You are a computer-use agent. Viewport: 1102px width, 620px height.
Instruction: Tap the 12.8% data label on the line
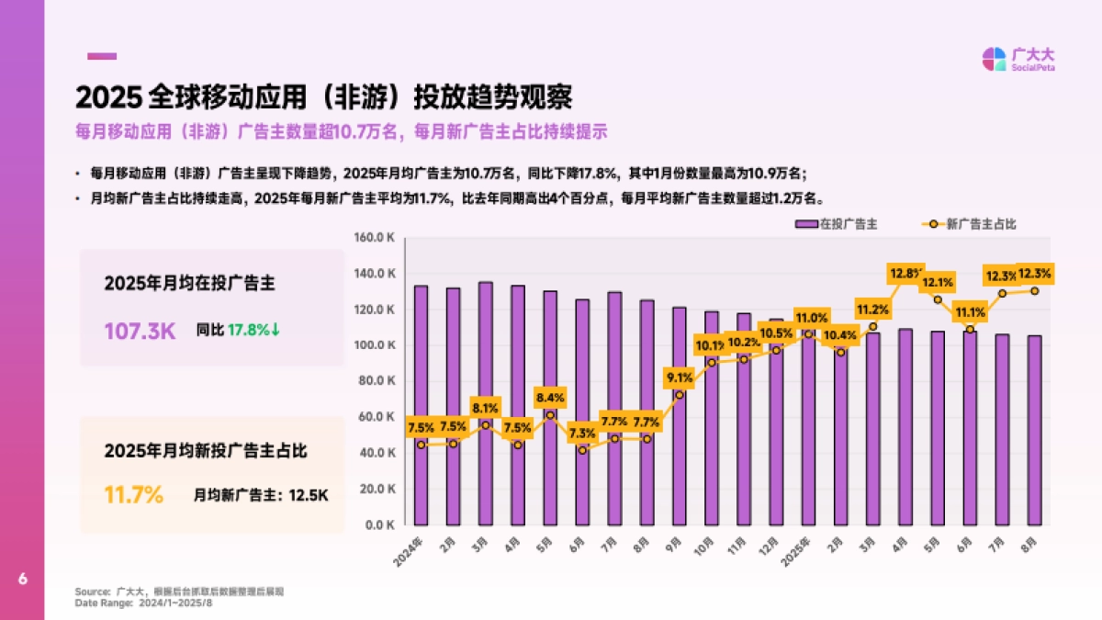click(906, 273)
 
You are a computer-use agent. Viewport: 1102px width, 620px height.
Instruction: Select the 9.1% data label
click(680, 377)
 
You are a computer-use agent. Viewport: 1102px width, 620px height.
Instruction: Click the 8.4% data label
click(550, 397)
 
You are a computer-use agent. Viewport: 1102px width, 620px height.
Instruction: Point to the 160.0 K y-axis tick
click(375, 238)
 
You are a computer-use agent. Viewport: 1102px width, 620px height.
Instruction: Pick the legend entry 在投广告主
click(837, 223)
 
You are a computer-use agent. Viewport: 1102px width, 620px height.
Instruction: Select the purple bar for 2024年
click(421, 405)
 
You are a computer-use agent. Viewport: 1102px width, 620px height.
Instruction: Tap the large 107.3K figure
click(140, 330)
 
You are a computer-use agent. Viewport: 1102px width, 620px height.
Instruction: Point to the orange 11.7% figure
click(133, 495)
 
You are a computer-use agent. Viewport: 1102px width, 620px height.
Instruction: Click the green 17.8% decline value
click(253, 330)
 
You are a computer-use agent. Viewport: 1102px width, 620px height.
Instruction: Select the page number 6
click(22, 579)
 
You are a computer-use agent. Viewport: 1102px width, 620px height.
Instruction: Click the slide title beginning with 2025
click(324, 97)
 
